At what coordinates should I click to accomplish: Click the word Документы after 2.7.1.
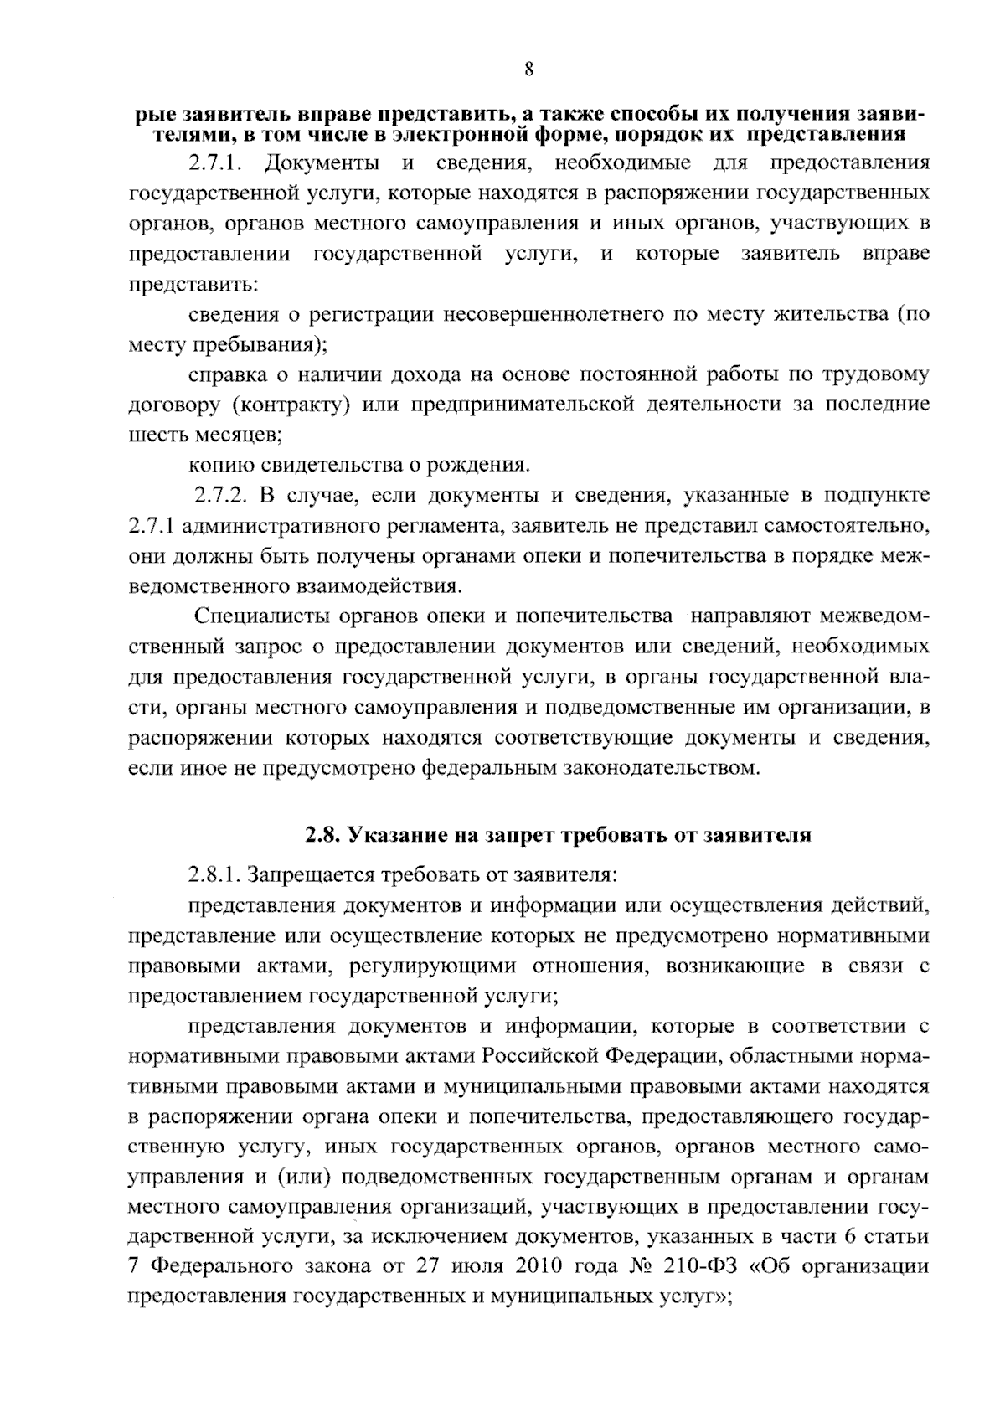point(319,163)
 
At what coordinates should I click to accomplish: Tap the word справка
point(223,375)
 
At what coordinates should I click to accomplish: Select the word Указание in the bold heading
point(389,835)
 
